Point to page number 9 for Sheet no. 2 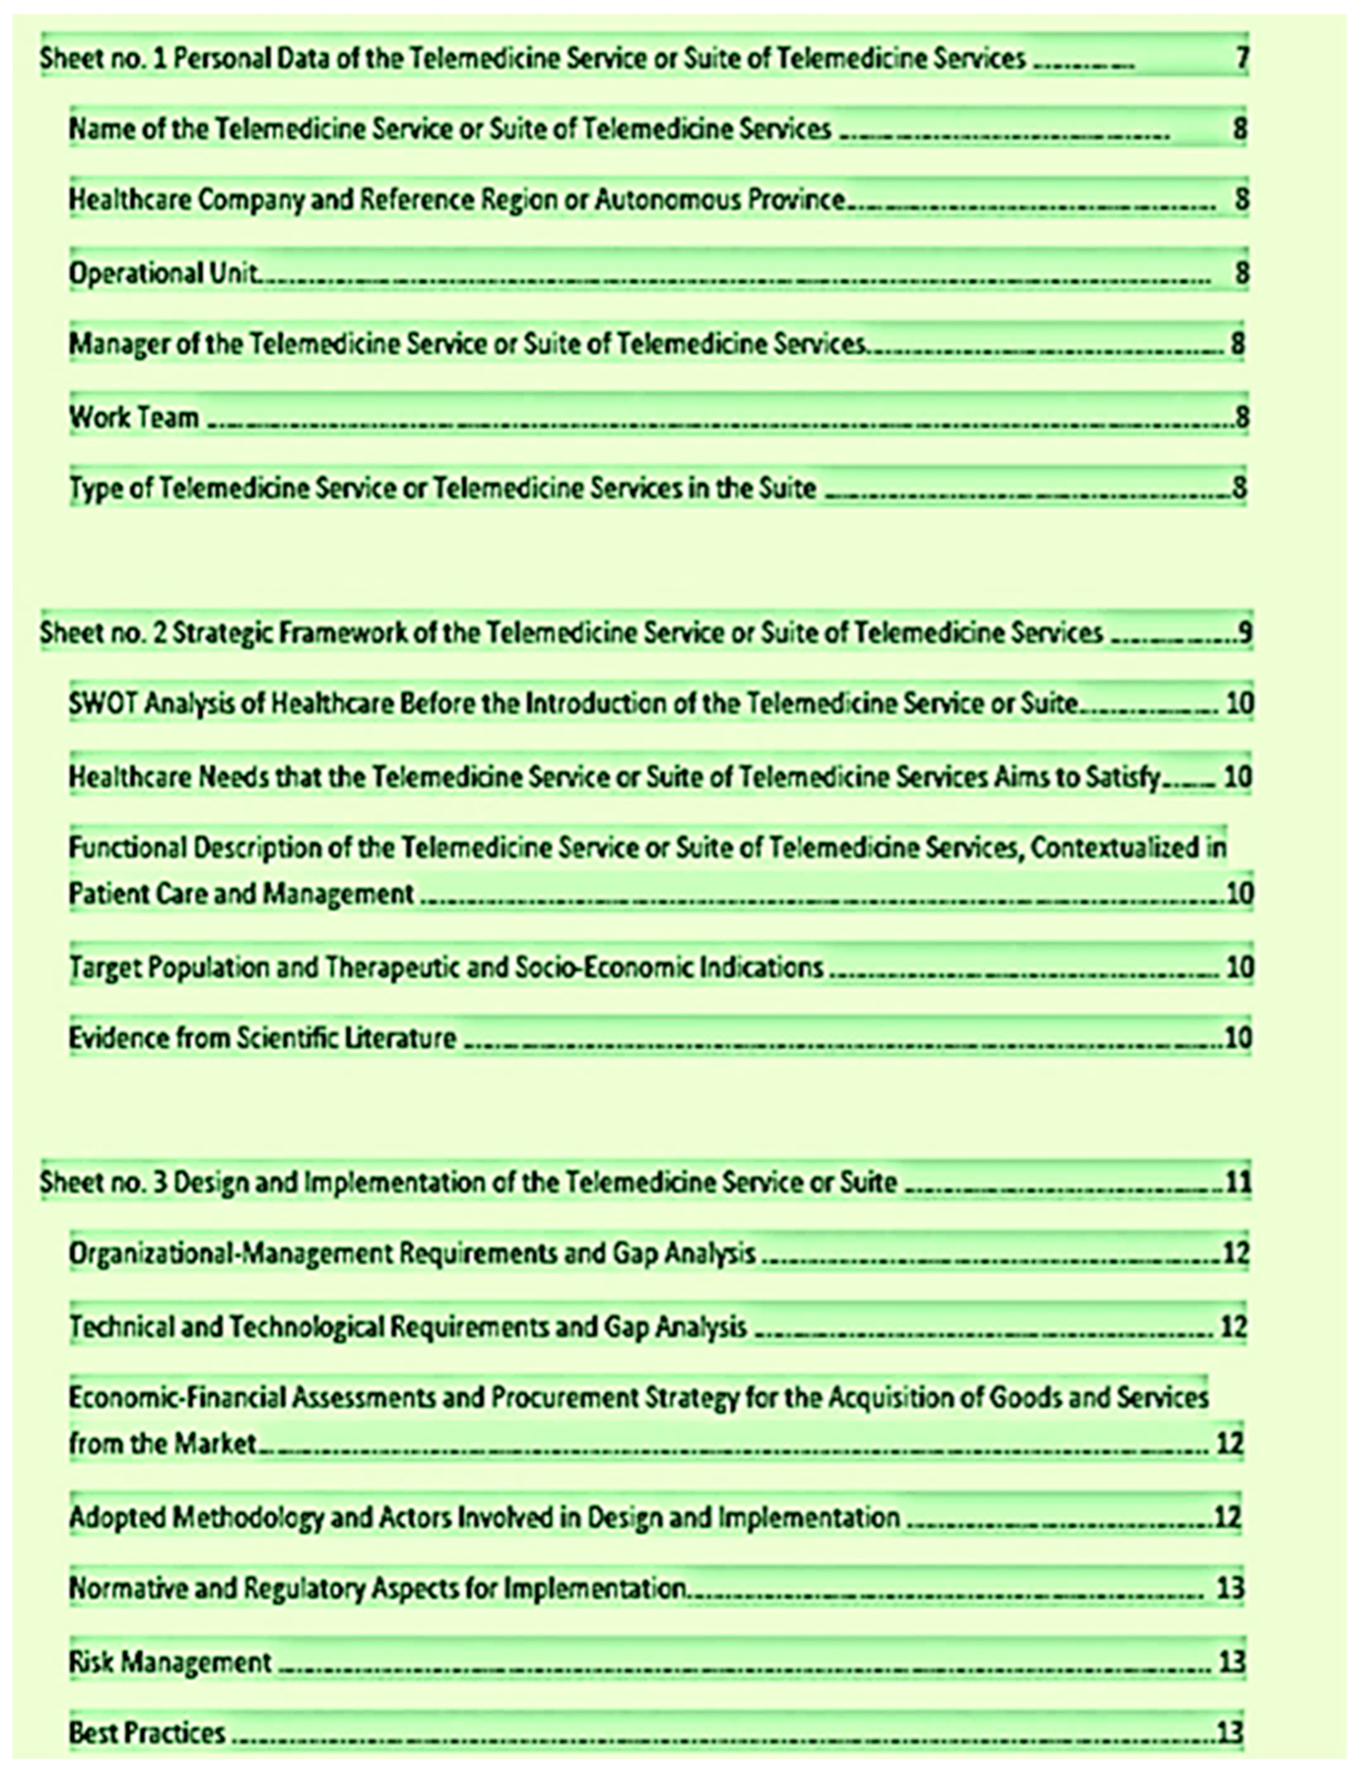point(1245,633)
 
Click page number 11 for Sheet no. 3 point(1238,1182)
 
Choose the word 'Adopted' point(117,1517)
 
